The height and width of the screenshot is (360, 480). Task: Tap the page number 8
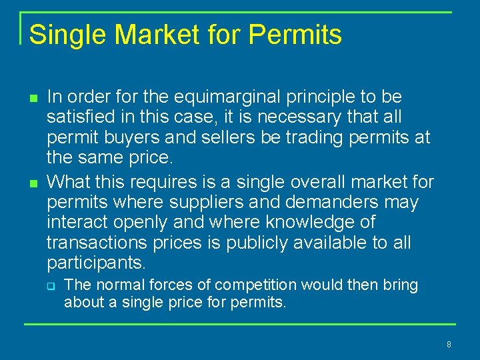pyautogui.click(x=449, y=345)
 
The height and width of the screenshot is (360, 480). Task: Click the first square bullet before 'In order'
pyautogui.click(x=33, y=98)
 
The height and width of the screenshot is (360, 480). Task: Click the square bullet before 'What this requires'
pyautogui.click(x=33, y=182)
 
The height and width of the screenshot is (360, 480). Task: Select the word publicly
pyautogui.click(x=257, y=243)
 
